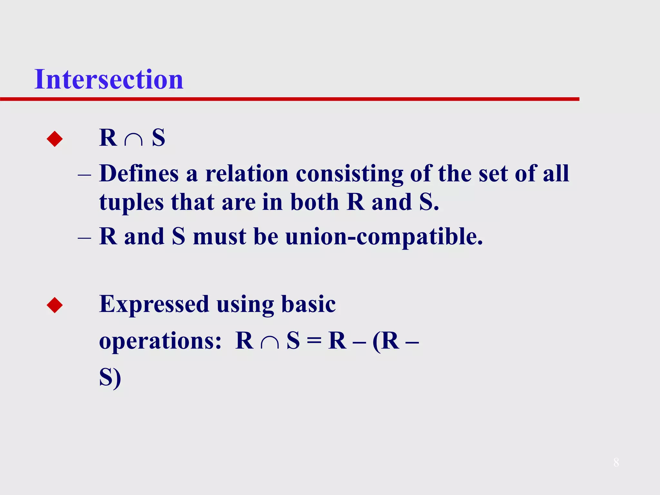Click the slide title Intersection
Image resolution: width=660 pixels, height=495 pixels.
(x=109, y=79)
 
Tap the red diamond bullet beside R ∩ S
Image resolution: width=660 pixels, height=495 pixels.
(x=55, y=139)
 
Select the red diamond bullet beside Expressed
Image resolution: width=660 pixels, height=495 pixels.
(x=55, y=305)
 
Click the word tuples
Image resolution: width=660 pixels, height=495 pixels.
(x=131, y=203)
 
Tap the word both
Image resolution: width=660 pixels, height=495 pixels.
(x=315, y=203)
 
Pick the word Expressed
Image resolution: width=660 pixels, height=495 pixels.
(x=154, y=305)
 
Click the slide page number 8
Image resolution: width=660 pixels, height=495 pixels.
(x=616, y=462)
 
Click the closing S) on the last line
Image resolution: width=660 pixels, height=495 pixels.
(x=110, y=377)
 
